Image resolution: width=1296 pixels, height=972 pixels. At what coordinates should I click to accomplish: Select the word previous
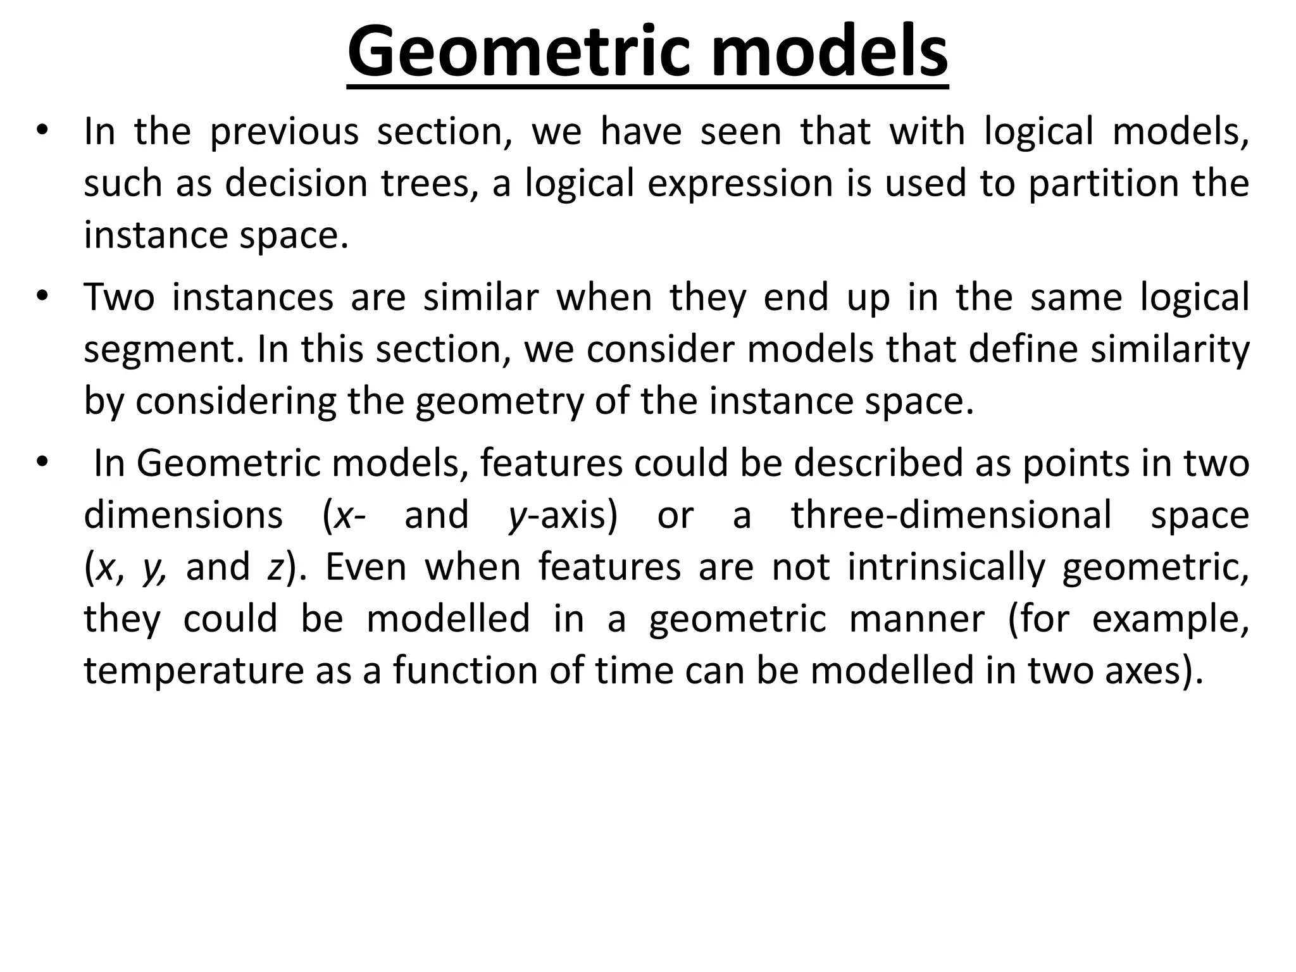tap(284, 133)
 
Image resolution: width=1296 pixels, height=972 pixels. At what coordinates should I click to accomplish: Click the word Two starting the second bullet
tap(119, 298)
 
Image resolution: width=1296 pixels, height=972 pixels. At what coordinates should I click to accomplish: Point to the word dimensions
tap(183, 516)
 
